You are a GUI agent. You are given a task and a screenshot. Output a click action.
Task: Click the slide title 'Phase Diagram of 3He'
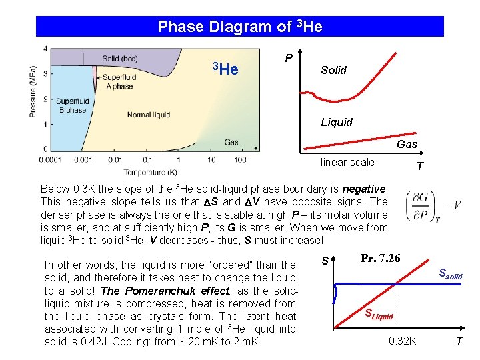coord(240,27)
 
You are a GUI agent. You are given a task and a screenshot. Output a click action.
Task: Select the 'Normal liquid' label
coord(148,115)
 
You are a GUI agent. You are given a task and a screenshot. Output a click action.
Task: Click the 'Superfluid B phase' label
coord(72,106)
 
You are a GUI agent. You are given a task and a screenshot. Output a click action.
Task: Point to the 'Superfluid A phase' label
coord(119,81)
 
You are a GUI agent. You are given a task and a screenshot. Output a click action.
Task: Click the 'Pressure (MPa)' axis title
coord(33,91)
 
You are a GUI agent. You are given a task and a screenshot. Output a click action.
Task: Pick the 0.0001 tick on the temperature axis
coord(49,160)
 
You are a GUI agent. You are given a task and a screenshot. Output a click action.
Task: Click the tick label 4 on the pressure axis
coord(45,49)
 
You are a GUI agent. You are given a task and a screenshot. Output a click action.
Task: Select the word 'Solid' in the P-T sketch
coord(333,70)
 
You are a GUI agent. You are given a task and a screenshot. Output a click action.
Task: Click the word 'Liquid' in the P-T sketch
coord(337,122)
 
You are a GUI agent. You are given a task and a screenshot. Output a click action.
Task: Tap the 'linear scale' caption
coord(347,162)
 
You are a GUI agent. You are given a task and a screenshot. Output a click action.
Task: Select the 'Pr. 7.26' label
coord(380,258)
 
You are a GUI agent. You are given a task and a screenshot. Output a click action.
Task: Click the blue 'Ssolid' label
coord(449,273)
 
